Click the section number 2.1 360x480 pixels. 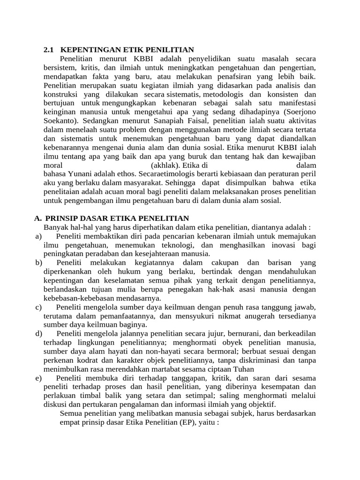click(x=49, y=50)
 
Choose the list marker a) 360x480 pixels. click(x=38, y=236)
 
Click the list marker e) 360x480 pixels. click(x=38, y=378)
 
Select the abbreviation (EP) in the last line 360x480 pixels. click(x=185, y=422)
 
